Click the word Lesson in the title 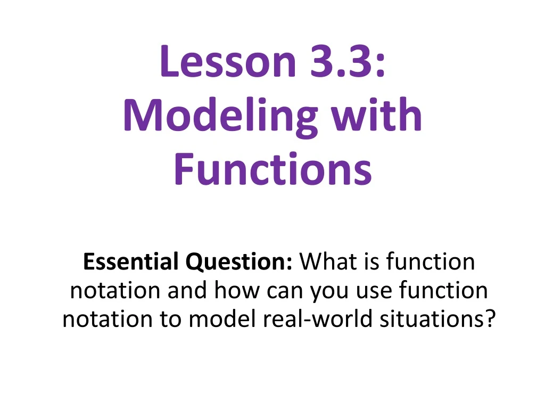(227, 61)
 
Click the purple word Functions (272, 169)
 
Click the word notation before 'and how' (115, 291)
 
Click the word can (281, 291)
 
